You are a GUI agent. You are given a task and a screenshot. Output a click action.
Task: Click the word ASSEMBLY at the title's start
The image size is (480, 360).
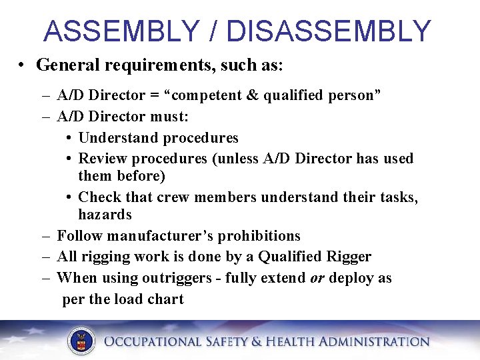[121, 31]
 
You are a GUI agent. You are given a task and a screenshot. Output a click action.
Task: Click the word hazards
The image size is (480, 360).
[105, 215]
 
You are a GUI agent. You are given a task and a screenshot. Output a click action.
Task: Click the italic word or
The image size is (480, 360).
[317, 278]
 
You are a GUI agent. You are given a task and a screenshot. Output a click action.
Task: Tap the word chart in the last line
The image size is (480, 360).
[165, 299]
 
